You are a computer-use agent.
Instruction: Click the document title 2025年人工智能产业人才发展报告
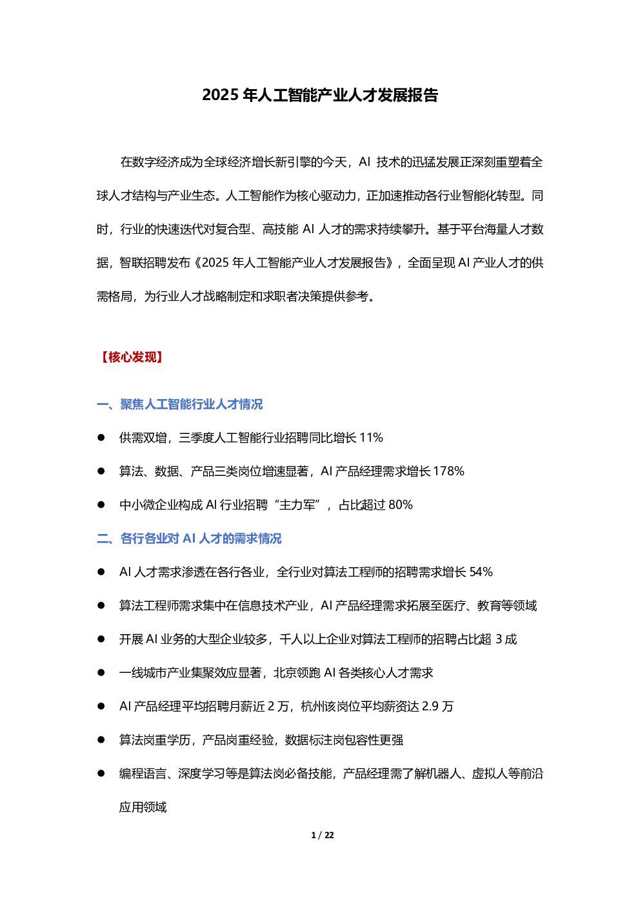[x=320, y=95]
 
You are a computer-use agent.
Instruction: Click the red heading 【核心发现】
[x=132, y=357]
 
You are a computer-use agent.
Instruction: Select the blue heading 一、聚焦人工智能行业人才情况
[x=180, y=404]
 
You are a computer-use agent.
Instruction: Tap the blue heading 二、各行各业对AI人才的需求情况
[x=189, y=539]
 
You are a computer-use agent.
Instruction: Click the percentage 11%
[x=371, y=438]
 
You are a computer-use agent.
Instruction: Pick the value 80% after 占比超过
[x=401, y=505]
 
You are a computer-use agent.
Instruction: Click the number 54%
[x=481, y=572]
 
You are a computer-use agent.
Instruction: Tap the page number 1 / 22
[x=323, y=835]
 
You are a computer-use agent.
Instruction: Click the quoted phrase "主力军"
[x=297, y=505]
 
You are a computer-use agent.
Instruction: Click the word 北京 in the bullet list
[x=286, y=673]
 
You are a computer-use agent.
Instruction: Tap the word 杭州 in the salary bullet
[x=313, y=706]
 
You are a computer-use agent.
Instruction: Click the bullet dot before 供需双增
[x=101, y=438]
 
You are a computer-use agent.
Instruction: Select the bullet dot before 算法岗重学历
[x=101, y=740]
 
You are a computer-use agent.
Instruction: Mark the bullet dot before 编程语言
[x=101, y=774]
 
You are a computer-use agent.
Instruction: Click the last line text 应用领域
[x=143, y=807]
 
